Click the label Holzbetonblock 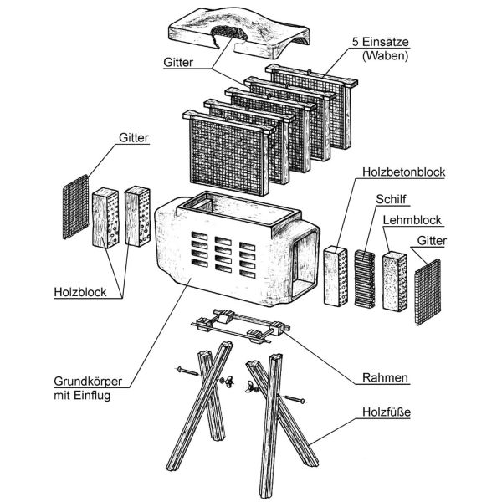coord(404,173)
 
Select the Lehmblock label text coord(412,220)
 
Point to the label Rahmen coord(386,377)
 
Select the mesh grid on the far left coord(74,207)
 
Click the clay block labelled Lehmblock coord(394,279)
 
